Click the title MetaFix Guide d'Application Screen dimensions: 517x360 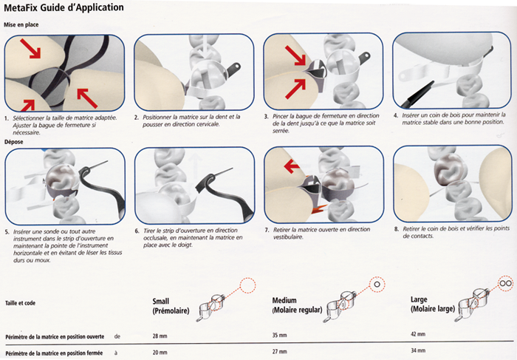(x=64, y=7)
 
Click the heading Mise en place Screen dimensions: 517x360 (x=21, y=24)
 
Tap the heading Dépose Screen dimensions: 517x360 (x=13, y=142)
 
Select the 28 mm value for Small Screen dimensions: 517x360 (x=160, y=336)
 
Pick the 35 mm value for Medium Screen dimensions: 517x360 (x=280, y=336)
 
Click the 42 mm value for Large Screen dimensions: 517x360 (x=418, y=334)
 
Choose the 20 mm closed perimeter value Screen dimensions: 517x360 (x=160, y=353)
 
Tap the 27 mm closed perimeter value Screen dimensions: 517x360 (x=280, y=351)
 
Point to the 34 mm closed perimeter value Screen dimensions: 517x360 (x=418, y=350)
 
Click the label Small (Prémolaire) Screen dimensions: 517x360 (x=171, y=306)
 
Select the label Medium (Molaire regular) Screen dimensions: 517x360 (x=297, y=305)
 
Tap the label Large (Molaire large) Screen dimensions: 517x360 (x=433, y=305)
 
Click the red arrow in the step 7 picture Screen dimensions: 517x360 (x=292, y=166)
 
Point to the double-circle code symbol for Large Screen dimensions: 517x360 (x=505, y=283)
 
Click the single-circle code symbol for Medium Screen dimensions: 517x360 (x=377, y=284)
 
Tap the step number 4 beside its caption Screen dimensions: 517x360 (x=396, y=115)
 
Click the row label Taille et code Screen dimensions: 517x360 (x=21, y=303)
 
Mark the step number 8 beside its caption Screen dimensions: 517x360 (x=397, y=229)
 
